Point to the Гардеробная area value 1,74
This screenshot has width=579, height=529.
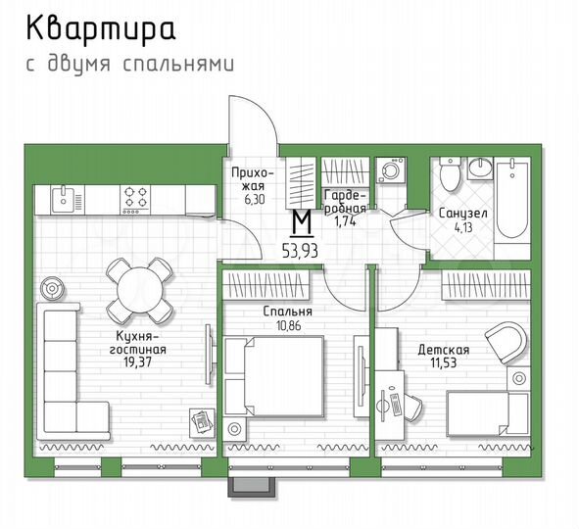tap(345, 222)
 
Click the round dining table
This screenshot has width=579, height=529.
tap(136, 290)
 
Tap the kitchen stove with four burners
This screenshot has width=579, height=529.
tap(136, 198)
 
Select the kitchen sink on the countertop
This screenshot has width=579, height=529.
tap(62, 199)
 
